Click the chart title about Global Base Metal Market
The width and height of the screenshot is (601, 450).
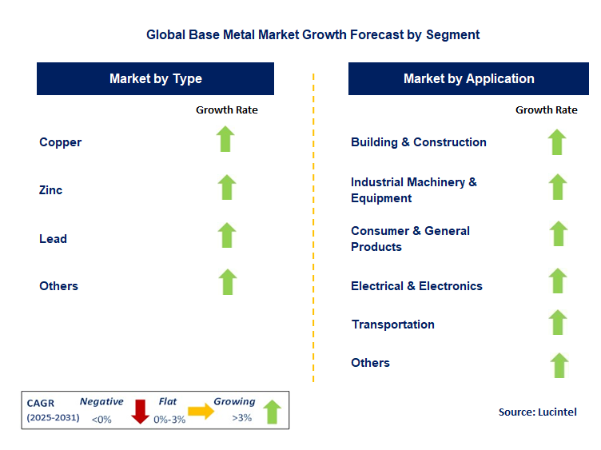pyautogui.click(x=312, y=35)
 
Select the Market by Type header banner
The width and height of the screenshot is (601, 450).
pyautogui.click(x=156, y=79)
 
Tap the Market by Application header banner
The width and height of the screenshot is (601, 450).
pyautogui.click(x=468, y=79)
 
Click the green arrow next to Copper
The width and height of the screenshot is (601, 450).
pyautogui.click(x=227, y=139)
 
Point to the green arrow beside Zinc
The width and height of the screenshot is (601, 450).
pyautogui.click(x=227, y=187)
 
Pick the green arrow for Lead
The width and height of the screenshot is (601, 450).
pyautogui.click(x=227, y=235)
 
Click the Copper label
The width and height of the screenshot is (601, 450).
pyautogui.click(x=61, y=142)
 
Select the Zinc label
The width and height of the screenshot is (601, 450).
pyautogui.click(x=51, y=190)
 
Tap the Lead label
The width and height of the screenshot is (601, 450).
pyautogui.click(x=54, y=238)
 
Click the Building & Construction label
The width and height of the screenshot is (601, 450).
pyautogui.click(x=418, y=142)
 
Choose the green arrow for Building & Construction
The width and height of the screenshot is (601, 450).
pyautogui.click(x=557, y=142)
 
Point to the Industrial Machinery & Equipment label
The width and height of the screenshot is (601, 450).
pyautogui.click(x=413, y=190)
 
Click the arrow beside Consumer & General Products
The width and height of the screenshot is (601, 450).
pyautogui.click(x=558, y=234)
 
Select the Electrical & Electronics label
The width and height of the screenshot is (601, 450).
pyautogui.click(x=416, y=286)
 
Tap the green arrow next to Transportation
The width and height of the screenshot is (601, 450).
pyautogui.click(x=558, y=322)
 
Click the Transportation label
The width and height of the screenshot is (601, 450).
pyautogui.click(x=392, y=325)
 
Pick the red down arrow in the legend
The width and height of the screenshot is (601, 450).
pyautogui.click(x=141, y=411)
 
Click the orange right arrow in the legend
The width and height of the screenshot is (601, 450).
pyautogui.click(x=201, y=411)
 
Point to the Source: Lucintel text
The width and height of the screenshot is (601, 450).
pyautogui.click(x=537, y=412)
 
